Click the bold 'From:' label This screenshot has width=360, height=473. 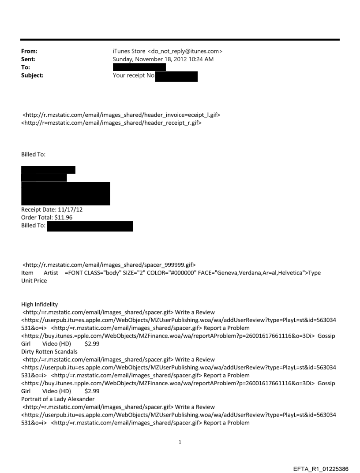[29, 51]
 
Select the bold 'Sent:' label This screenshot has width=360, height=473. [28, 59]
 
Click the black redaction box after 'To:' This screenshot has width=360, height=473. [139, 67]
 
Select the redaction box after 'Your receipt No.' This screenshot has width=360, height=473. [176, 76]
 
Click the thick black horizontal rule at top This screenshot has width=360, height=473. [180, 40]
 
